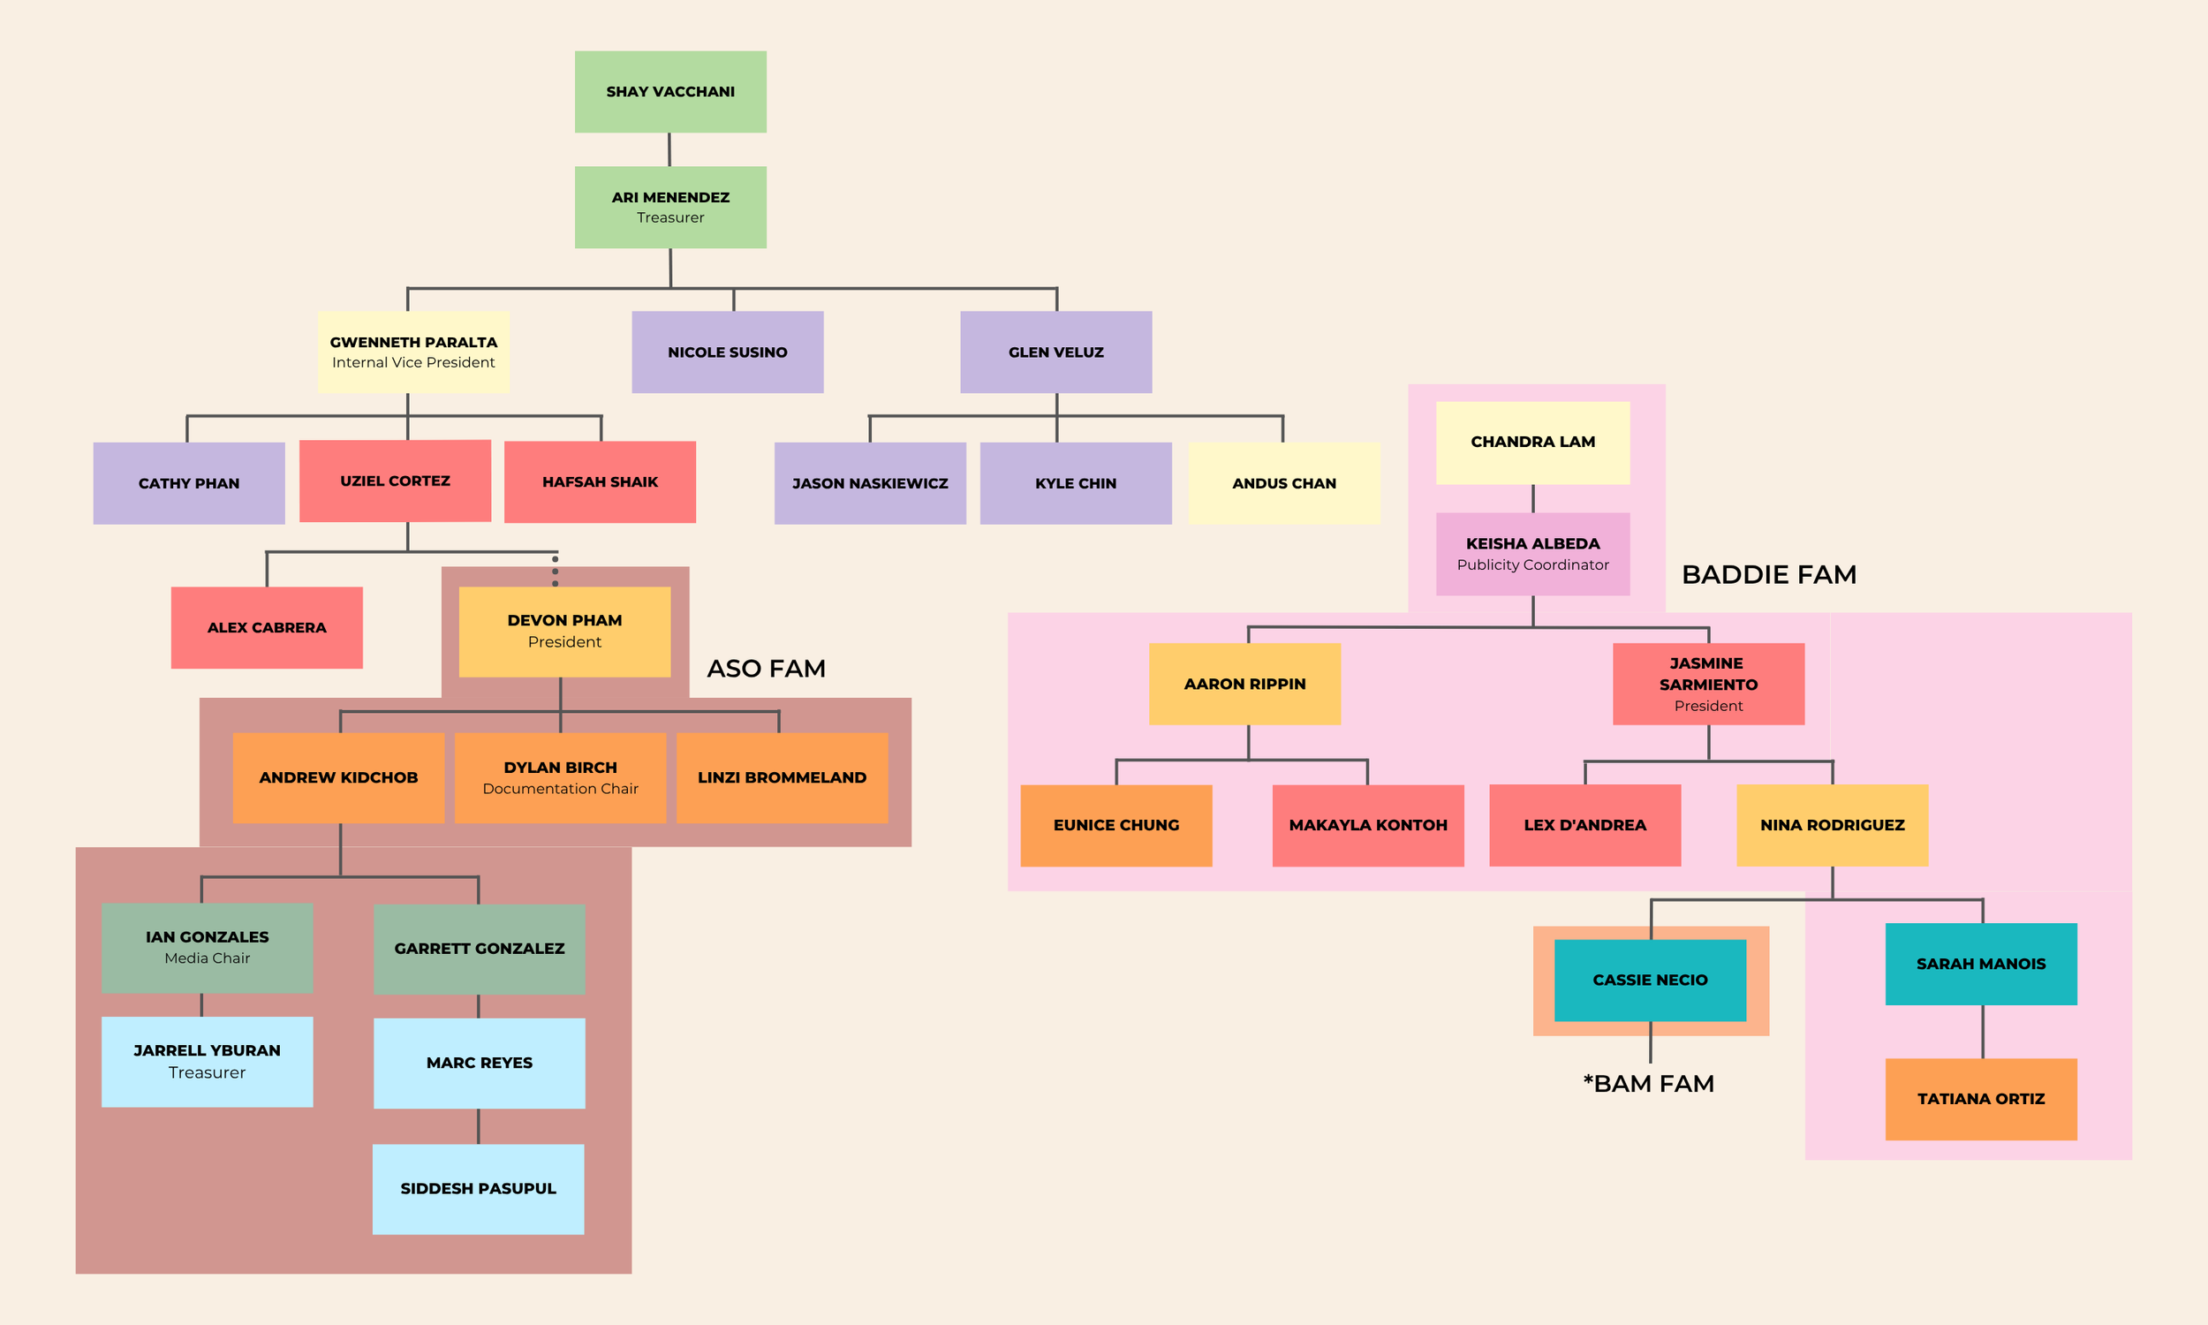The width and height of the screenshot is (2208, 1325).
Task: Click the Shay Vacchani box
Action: coord(670,92)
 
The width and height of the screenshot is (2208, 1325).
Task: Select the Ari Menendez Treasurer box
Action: coord(670,208)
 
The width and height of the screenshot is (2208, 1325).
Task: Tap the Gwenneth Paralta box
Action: coord(413,352)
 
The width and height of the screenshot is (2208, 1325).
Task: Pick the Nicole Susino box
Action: coord(728,352)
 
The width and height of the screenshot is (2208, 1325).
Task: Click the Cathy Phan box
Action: coord(189,483)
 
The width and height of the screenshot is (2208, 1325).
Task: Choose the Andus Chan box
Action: coord(1284,483)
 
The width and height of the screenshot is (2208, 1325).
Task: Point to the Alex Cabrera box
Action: coord(267,628)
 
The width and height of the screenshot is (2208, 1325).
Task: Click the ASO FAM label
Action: coord(766,668)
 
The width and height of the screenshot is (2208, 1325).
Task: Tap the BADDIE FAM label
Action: coord(1769,574)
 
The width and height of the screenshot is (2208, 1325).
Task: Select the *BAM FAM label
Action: coord(1648,1083)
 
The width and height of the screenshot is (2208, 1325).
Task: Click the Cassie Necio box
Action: coord(1650,980)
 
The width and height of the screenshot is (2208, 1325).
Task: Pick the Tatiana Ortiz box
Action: coord(1981,1099)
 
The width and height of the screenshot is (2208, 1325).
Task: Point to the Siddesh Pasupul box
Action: coord(479,1189)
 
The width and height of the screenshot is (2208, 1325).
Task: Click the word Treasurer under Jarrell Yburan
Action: coord(207,1072)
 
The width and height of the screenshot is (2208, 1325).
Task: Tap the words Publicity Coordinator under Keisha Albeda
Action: coord(1533,564)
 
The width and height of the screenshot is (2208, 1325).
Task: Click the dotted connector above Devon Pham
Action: coord(556,571)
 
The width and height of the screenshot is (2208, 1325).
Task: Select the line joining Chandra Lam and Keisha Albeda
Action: coord(1533,498)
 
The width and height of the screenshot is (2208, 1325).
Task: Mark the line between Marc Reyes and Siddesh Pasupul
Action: coord(479,1126)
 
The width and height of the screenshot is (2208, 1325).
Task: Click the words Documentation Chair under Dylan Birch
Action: coord(561,789)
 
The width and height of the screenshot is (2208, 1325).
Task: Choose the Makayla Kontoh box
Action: coord(1368,825)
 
